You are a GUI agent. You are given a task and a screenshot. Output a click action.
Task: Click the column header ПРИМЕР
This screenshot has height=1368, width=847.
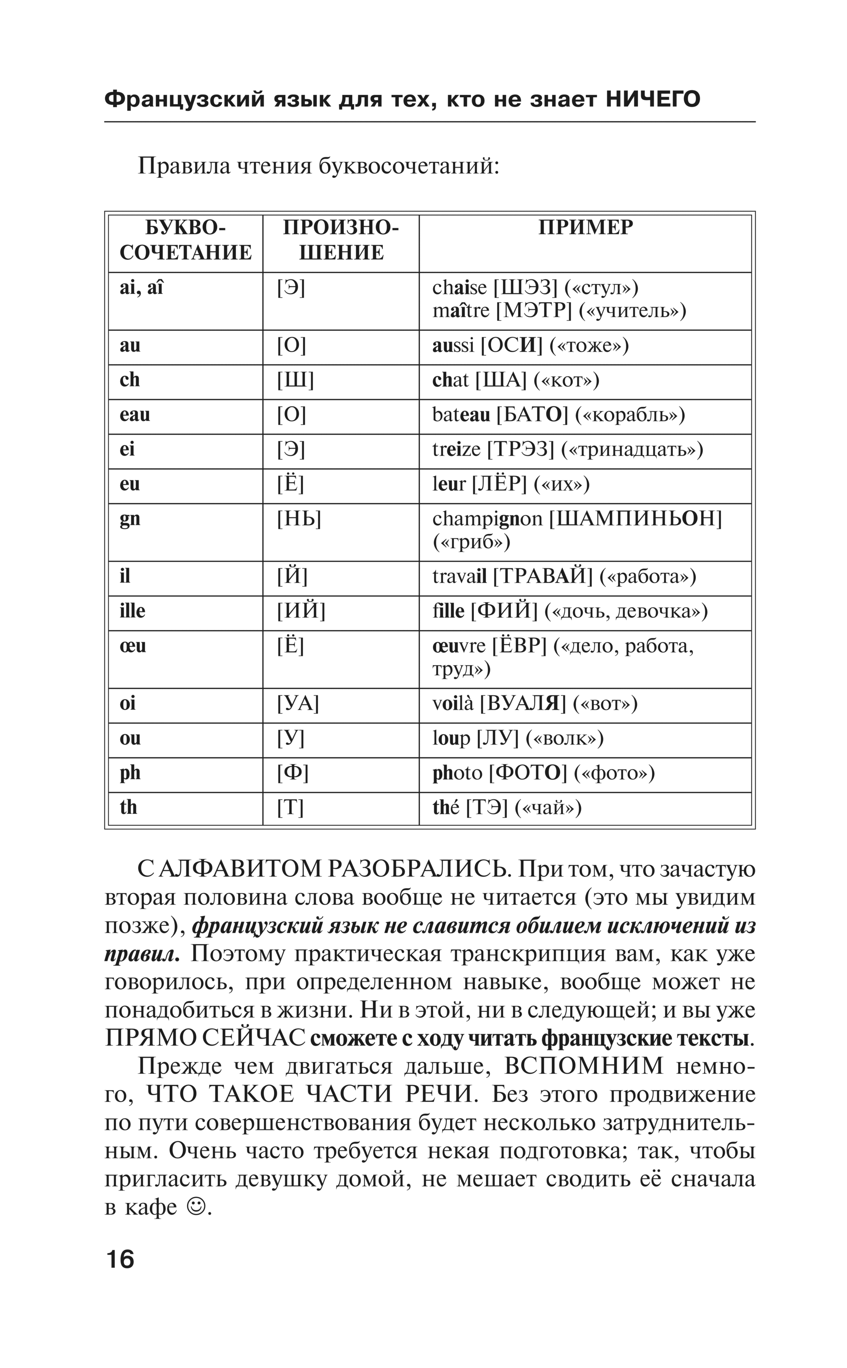[585, 228]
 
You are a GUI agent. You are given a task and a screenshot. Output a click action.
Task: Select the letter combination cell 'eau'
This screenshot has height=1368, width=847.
[135, 415]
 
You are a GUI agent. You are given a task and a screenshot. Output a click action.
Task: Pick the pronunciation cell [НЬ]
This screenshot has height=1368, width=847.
[299, 519]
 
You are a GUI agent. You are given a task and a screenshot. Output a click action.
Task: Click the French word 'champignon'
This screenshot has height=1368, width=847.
[487, 519]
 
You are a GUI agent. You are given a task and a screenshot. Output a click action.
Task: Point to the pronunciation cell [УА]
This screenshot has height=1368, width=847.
[297, 704]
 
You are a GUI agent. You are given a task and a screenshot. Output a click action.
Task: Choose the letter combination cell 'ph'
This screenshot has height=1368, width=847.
[130, 773]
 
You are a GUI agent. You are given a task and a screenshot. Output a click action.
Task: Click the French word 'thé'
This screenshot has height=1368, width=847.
[447, 808]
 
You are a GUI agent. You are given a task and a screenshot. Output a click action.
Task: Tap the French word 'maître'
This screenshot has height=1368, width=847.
[461, 311]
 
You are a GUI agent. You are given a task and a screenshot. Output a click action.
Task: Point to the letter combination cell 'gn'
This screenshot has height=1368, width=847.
[130, 519]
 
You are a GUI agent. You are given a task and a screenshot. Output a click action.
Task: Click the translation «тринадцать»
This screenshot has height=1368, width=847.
[631, 450]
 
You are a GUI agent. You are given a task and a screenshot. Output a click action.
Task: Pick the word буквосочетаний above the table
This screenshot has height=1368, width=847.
[408, 166]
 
